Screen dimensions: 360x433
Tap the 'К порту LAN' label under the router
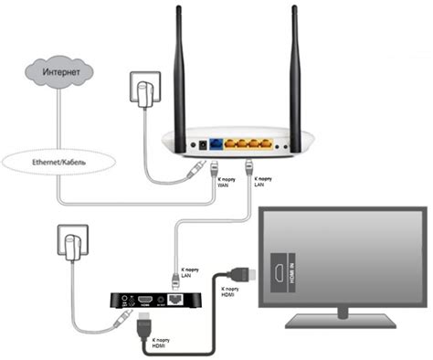click(260, 183)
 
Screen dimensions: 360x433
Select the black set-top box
click(150, 301)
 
